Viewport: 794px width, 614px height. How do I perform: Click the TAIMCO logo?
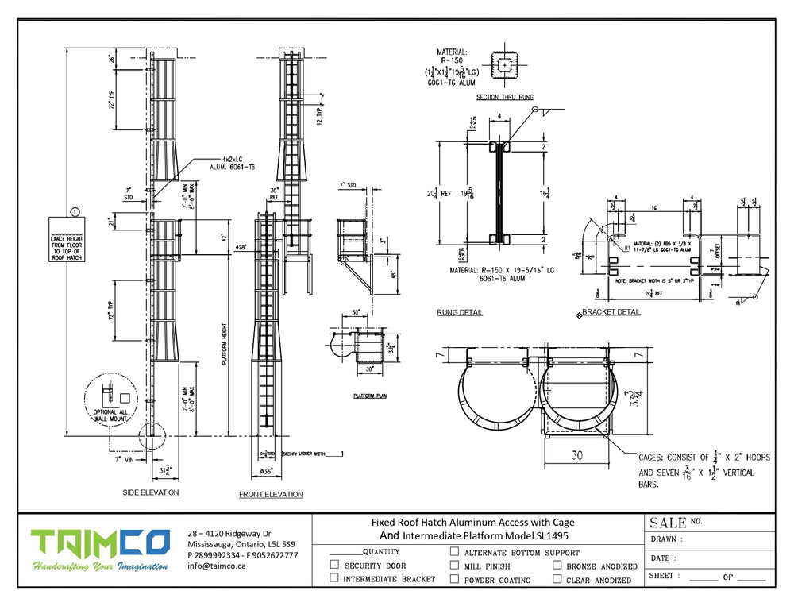pos(100,543)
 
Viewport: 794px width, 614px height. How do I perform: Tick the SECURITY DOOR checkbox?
pos(334,565)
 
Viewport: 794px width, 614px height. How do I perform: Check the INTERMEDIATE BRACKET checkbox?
pos(334,579)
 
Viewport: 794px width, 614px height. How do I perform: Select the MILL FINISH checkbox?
pos(454,565)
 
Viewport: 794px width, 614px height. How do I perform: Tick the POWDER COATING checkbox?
pos(454,579)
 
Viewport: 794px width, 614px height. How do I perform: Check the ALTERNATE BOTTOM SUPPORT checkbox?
pos(454,551)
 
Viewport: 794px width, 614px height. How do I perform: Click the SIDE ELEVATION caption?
pos(151,492)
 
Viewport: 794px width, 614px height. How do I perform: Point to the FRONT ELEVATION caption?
pos(271,494)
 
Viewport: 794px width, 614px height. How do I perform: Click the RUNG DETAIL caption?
pos(459,312)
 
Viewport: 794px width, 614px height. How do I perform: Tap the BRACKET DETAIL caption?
pos(611,312)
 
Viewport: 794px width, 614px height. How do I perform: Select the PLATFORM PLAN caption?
pos(369,395)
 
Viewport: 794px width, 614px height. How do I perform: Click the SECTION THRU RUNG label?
pos(504,98)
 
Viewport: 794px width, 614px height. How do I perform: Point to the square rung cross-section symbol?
pos(503,65)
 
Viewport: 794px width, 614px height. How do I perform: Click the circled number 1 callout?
pos(75,212)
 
